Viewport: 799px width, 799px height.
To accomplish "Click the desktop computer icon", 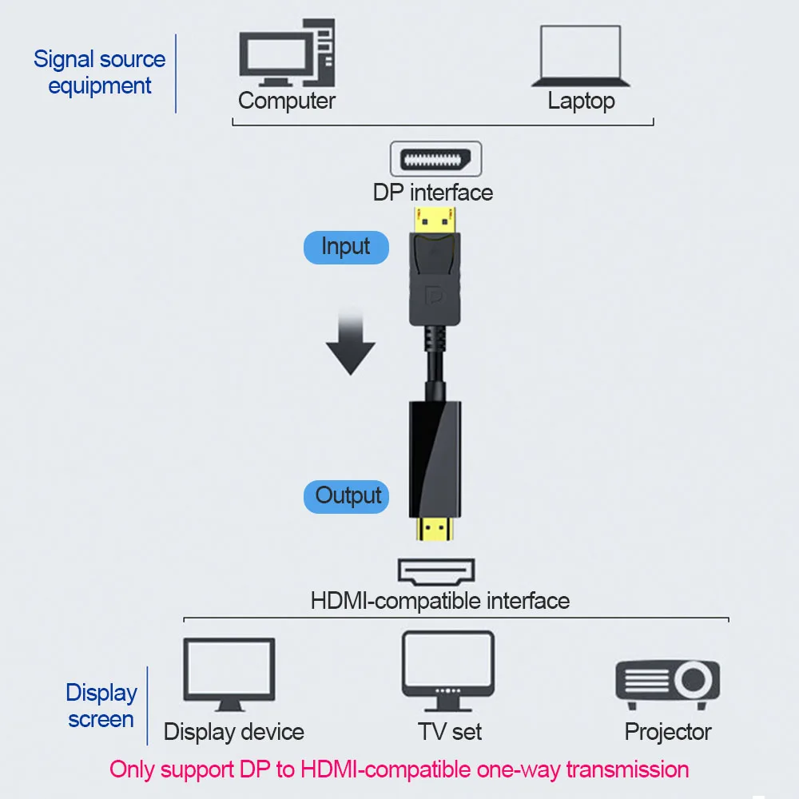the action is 287,53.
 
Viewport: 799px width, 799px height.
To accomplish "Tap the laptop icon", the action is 580,56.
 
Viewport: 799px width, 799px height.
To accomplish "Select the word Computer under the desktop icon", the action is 286,101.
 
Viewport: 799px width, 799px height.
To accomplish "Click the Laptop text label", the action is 581,101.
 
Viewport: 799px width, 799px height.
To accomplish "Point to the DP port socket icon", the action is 435,159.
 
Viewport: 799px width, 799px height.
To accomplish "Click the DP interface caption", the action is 433,193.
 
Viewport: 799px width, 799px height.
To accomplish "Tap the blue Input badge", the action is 346,248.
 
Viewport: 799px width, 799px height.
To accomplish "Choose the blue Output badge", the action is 347,496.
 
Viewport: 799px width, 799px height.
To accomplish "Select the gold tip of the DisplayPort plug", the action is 435,221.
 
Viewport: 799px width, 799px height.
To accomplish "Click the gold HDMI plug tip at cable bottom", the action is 435,529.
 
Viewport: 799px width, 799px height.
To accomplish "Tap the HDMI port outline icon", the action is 436,571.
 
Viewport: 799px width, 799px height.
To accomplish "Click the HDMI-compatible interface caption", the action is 440,601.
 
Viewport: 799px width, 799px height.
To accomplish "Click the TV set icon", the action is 448,670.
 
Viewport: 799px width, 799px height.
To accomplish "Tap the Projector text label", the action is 668,732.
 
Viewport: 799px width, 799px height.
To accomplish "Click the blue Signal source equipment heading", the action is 100,73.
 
